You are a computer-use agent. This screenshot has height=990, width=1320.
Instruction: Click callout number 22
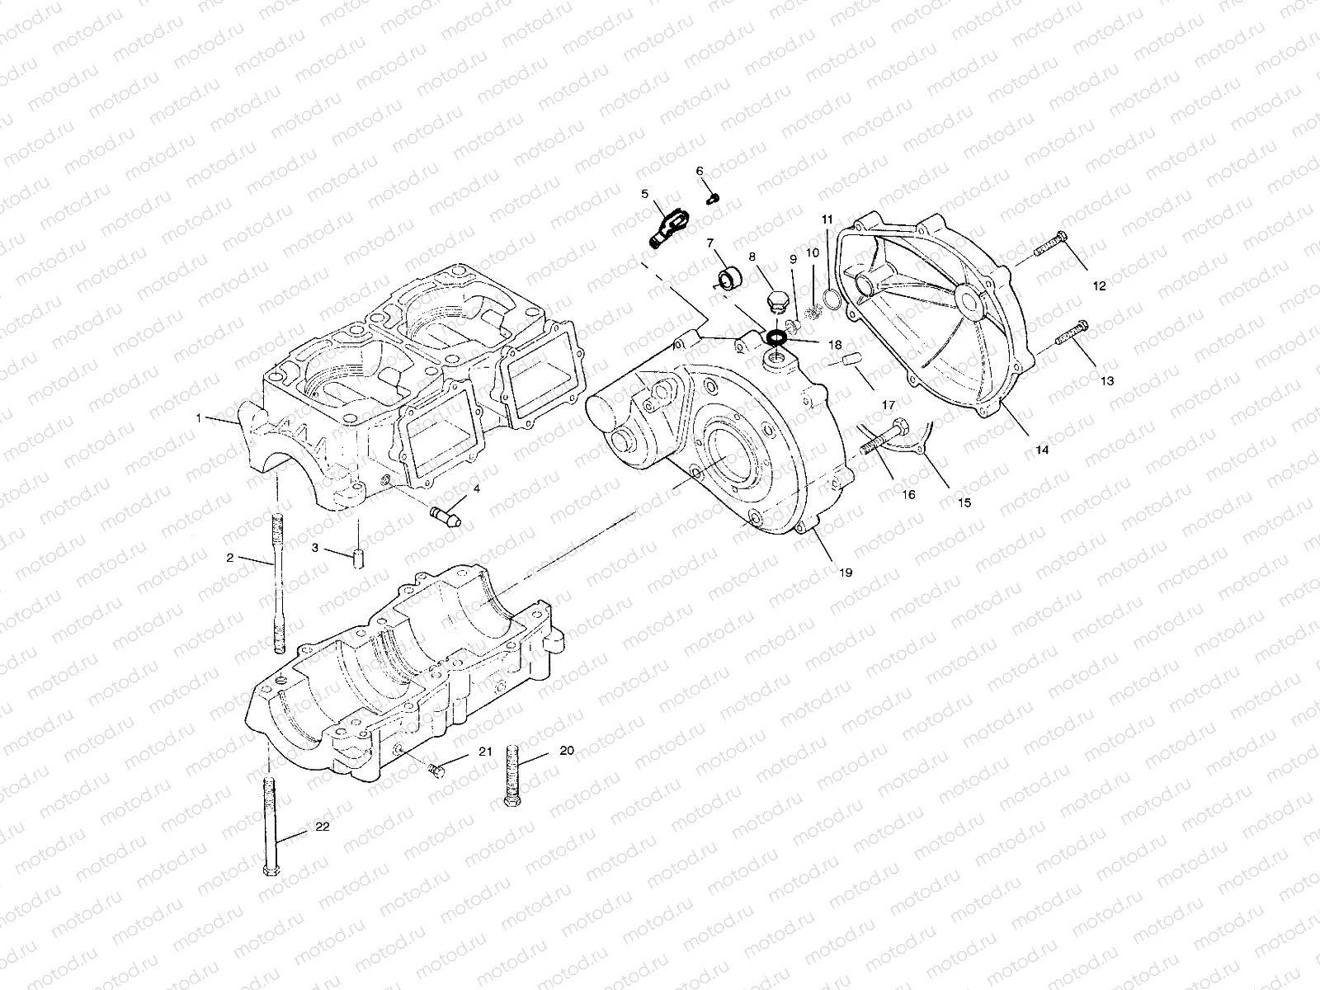pos(323,827)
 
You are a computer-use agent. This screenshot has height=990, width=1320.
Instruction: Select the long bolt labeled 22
pos(269,825)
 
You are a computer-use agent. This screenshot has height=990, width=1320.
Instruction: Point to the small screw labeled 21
pos(436,771)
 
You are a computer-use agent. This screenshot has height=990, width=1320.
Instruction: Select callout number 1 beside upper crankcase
pos(199,418)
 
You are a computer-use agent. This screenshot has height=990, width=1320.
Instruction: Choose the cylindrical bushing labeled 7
pos(728,278)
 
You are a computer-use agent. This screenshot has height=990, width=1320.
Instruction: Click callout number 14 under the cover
pos(1042,450)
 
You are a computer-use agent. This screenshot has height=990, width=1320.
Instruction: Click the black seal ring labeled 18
pos(776,337)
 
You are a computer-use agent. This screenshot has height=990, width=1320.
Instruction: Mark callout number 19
pos(846,572)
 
